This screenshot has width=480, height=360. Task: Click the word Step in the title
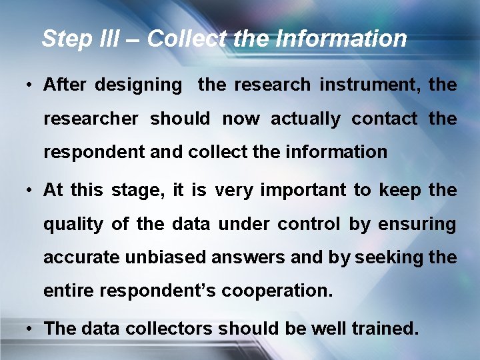click(x=63, y=39)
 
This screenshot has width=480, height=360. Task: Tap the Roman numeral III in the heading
click(x=105, y=39)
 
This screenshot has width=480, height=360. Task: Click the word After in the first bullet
click(x=64, y=85)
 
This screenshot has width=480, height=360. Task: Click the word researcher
click(x=91, y=119)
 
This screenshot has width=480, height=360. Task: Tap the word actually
click(x=305, y=119)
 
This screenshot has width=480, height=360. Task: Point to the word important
click(x=303, y=191)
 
